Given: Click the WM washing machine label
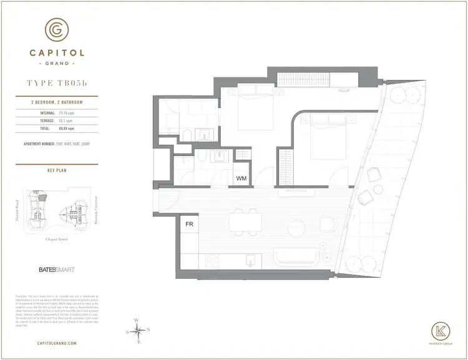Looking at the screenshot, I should pyautogui.click(x=241, y=178).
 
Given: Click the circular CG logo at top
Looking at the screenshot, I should pyautogui.click(x=57, y=29).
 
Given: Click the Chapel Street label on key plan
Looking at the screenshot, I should pyautogui.click(x=56, y=238).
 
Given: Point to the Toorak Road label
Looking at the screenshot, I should pyautogui.click(x=17, y=212).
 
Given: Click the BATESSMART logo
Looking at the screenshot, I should pyautogui.click(x=52, y=271).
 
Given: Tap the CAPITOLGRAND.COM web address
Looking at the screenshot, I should pyautogui.click(x=57, y=343).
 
